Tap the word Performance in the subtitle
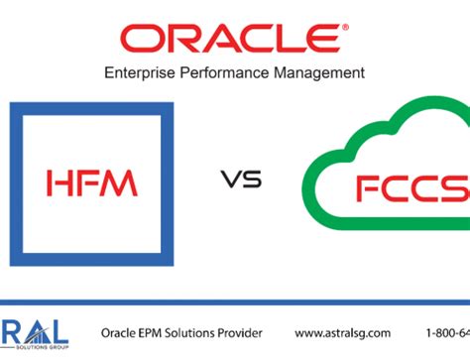coord(231,72)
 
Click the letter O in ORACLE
coord(145,40)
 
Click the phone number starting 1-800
coord(449,332)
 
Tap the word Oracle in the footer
coord(119,332)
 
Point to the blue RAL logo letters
coord(35,326)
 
